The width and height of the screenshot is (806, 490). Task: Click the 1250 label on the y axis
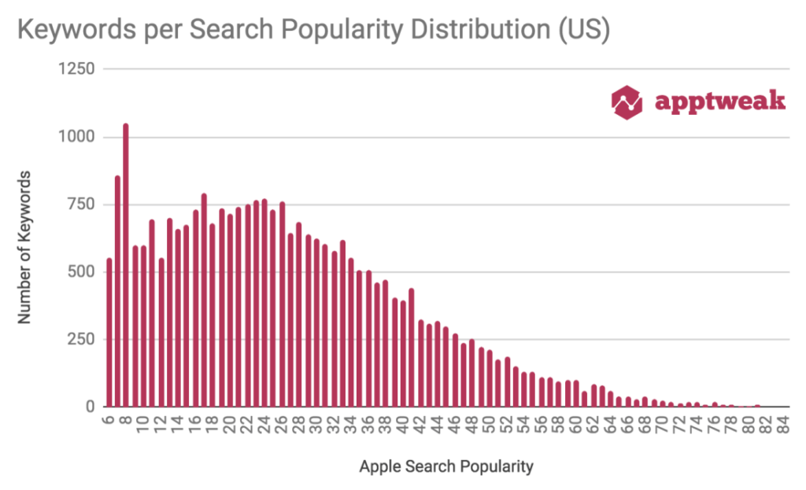76,69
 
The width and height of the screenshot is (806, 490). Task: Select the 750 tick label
80,204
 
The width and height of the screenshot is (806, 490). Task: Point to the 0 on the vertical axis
91,407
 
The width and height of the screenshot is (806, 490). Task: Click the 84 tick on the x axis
784,427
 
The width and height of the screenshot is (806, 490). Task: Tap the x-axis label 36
368,427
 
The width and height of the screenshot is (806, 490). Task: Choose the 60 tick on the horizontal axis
576,427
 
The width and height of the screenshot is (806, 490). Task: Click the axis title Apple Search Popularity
446,466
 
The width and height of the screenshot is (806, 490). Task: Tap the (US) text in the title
587,31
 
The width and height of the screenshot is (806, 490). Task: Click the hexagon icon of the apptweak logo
627,101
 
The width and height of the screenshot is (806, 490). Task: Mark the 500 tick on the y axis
80,272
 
